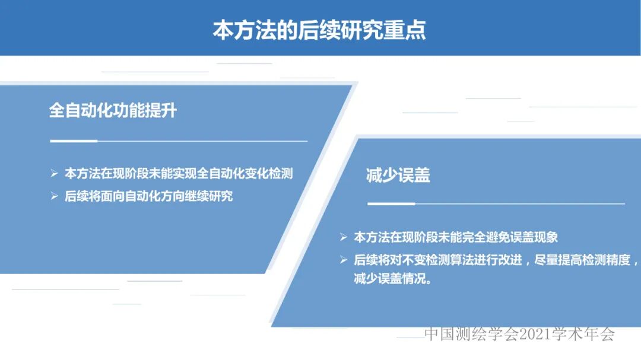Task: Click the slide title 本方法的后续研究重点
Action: point(319,30)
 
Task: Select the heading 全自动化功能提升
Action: point(113,111)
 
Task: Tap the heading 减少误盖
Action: point(398,175)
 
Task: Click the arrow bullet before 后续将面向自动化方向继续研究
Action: point(54,196)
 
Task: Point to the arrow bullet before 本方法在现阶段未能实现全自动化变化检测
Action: point(54,174)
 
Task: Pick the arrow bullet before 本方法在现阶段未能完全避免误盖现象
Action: point(344,237)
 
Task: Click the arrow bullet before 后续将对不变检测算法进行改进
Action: point(344,260)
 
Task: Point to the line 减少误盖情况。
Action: point(392,279)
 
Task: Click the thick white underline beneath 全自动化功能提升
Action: point(74,141)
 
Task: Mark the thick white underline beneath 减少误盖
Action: point(391,203)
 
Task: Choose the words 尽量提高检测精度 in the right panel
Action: point(575,260)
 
